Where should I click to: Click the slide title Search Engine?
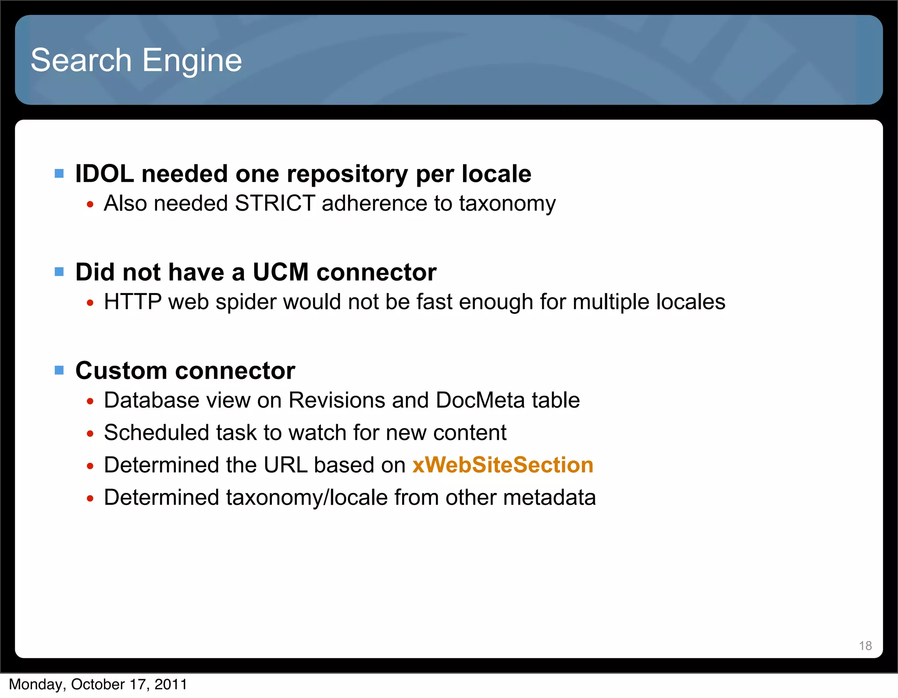(136, 60)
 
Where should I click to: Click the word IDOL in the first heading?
(104, 174)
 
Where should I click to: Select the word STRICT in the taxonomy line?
(275, 203)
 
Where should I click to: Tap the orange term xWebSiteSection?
(502, 465)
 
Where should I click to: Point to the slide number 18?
(865, 645)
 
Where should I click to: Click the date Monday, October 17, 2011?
(98, 684)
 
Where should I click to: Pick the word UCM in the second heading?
(281, 272)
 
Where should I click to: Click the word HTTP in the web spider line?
(133, 302)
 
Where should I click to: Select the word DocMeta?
(480, 400)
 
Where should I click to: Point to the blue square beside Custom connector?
(59, 371)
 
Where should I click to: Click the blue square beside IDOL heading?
(59, 174)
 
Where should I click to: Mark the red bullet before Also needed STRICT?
(90, 204)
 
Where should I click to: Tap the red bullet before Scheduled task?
(90, 434)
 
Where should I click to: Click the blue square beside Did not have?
(59, 272)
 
